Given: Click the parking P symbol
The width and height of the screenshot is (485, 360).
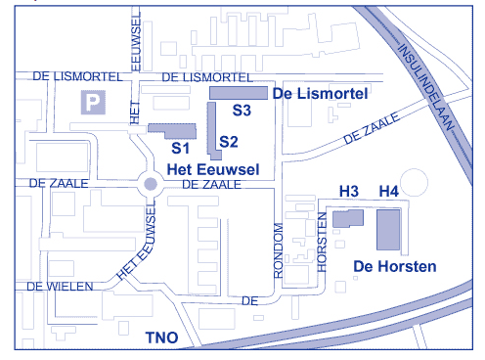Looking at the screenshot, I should click(93, 102).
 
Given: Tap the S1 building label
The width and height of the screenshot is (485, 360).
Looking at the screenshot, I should click(180, 149).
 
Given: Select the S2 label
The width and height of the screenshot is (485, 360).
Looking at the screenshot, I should click(229, 142).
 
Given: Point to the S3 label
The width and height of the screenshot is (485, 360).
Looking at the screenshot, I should click(241, 112).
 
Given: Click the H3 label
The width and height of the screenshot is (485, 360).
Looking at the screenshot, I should click(348, 191).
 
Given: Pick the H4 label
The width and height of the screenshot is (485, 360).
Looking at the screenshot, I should click(389, 191).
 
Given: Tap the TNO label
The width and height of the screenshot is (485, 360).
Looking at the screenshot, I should click(161, 338).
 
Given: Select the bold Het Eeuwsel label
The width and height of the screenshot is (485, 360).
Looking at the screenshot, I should click(213, 169).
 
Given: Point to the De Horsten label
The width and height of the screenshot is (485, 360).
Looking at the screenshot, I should click(394, 266).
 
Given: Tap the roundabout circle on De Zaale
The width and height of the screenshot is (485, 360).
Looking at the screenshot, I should click(151, 183).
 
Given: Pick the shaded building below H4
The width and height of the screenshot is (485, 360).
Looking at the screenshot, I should click(389, 230).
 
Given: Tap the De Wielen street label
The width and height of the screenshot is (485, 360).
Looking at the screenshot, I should click(61, 286).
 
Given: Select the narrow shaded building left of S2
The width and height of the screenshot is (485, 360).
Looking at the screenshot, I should click(211, 129).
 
